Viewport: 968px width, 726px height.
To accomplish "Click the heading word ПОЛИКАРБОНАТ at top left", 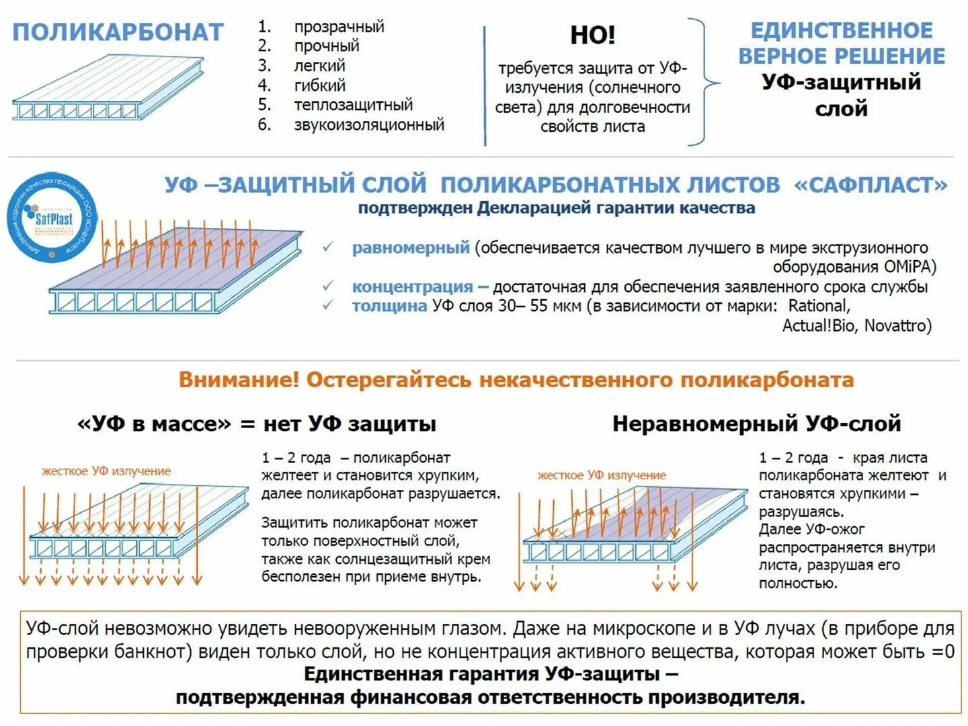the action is [118, 32].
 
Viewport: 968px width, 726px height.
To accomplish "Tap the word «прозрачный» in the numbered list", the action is [339, 27].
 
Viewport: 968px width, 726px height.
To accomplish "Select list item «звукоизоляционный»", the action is [369, 124].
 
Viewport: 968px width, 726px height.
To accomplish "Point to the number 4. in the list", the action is [264, 85].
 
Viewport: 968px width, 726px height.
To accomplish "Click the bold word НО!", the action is [592, 35].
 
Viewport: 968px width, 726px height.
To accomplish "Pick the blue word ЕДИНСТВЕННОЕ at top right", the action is [841, 31].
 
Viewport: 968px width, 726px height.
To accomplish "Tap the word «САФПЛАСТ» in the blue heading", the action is [871, 185].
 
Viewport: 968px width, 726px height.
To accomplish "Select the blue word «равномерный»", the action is [411, 248].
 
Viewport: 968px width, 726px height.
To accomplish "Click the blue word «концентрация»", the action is [412, 287].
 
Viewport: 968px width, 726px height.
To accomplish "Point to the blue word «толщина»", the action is [389, 307].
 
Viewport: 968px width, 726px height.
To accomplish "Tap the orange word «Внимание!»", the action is [239, 380].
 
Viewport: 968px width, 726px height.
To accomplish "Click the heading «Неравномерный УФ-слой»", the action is [756, 424].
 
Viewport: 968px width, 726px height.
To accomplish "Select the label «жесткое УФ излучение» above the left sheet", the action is [106, 471].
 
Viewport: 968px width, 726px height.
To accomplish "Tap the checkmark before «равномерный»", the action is [328, 247].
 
